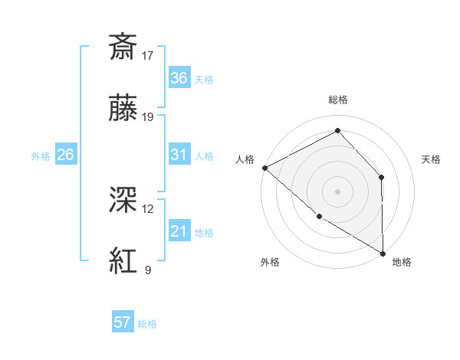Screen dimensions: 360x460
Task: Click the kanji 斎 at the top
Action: tap(123, 47)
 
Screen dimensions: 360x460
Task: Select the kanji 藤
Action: tap(123, 110)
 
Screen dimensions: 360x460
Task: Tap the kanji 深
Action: tap(123, 200)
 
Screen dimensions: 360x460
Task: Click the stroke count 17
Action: tap(149, 55)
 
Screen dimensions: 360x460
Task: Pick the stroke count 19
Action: tap(149, 118)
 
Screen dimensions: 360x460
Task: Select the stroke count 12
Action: tap(148, 208)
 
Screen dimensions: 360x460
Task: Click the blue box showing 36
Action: tap(179, 78)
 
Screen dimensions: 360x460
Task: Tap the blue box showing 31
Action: tap(179, 155)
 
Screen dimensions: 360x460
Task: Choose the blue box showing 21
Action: tap(179, 231)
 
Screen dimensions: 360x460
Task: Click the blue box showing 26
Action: tap(66, 155)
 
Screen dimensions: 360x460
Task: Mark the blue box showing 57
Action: tap(123, 322)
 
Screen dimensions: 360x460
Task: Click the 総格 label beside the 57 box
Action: tap(147, 324)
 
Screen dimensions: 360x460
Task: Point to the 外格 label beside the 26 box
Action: tap(41, 156)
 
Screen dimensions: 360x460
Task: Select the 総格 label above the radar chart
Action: tap(338, 100)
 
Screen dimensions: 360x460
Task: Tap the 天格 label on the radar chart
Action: tap(432, 159)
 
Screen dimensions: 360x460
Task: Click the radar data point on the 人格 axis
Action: tap(264, 167)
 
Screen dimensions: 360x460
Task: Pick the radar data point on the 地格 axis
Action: tap(383, 253)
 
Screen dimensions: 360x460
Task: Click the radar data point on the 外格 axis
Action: tap(319, 216)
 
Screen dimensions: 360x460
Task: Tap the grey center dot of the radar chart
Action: tap(337, 191)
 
